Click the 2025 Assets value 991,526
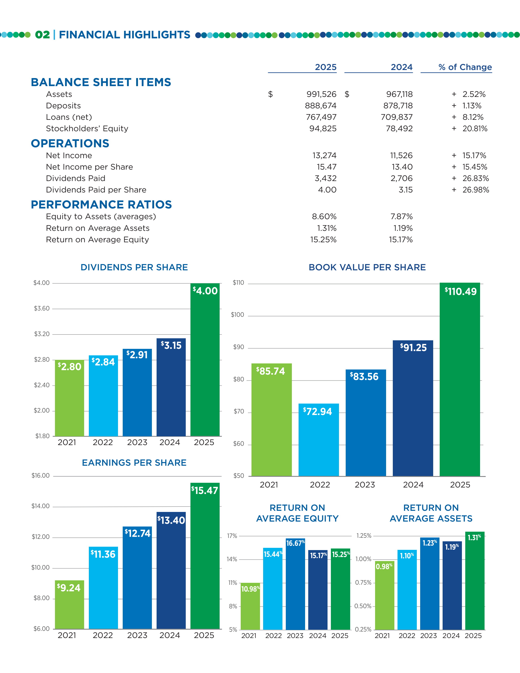click(x=321, y=94)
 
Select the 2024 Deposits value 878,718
click(x=398, y=106)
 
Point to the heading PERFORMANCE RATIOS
click(x=101, y=205)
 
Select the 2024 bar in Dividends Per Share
click(x=171, y=388)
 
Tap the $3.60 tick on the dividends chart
click(x=42, y=308)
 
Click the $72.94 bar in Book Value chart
click(x=319, y=441)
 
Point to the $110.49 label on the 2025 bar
click(x=461, y=291)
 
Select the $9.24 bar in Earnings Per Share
click(x=69, y=605)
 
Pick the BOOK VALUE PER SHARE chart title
click(x=367, y=267)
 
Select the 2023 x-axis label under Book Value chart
click(x=365, y=485)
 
